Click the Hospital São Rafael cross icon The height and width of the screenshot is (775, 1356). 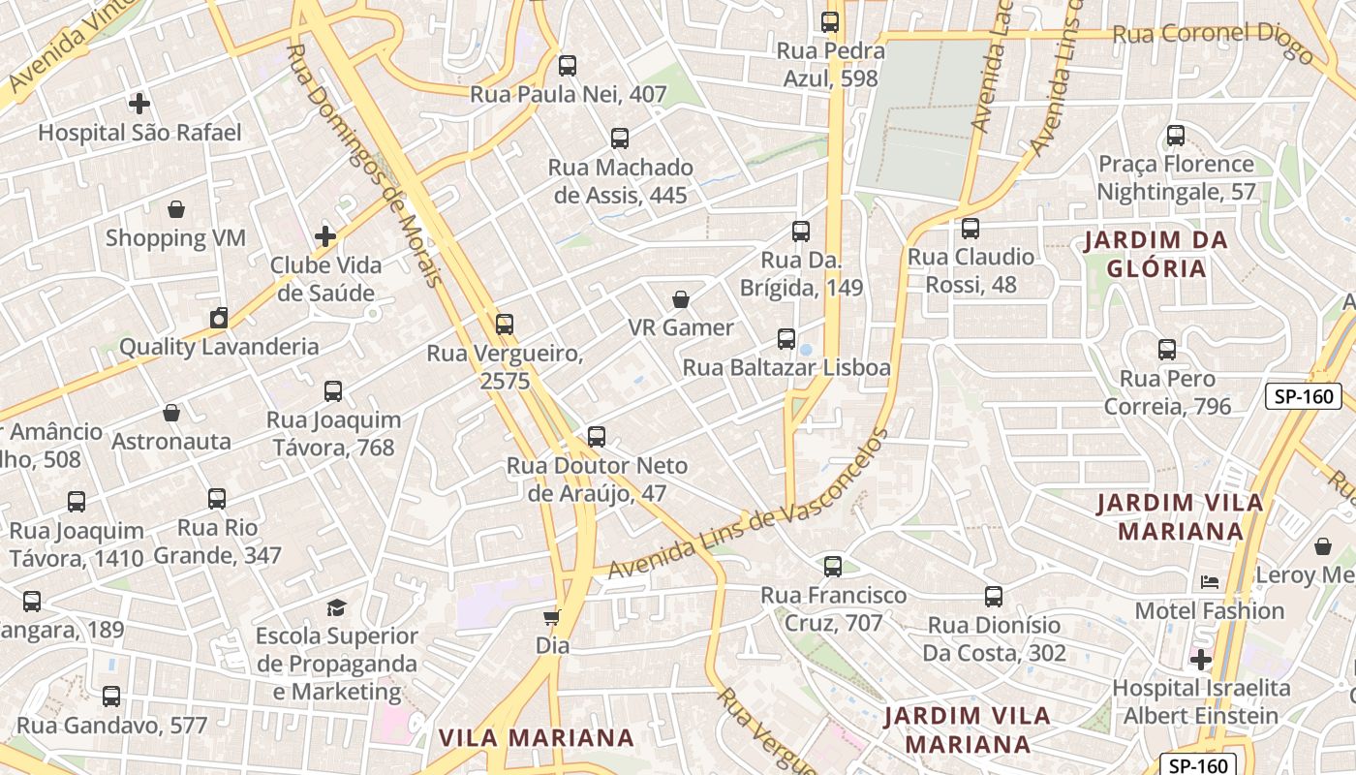139,103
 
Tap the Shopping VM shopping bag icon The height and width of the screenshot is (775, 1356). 176,208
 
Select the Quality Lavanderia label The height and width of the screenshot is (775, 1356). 219,347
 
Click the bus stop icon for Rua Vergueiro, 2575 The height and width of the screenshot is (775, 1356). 504,325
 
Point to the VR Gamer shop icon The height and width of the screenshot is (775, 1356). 681,299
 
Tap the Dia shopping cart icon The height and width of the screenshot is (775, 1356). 551,617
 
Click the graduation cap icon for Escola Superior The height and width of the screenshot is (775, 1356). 336,607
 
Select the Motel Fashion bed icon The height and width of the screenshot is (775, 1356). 1210,582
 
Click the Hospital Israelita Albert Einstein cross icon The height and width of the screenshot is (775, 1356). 1201,660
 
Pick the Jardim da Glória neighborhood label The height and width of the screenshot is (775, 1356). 1155,254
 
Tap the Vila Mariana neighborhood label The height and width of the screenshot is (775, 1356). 537,738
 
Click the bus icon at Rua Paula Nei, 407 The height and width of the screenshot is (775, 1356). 568,66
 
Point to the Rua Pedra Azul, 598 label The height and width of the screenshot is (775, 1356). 831,65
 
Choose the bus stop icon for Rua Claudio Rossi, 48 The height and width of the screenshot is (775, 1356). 971,229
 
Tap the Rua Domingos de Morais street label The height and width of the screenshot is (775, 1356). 365,165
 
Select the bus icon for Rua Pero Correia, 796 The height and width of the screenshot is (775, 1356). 1167,350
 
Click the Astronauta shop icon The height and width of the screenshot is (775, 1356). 171,414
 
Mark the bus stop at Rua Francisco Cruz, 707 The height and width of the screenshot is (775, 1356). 833,567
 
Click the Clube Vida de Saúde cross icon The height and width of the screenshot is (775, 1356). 325,236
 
